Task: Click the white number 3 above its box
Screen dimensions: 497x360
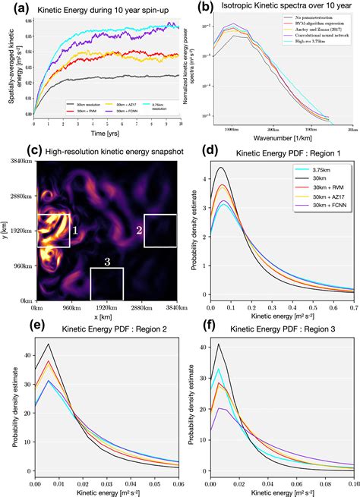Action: [106, 262]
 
